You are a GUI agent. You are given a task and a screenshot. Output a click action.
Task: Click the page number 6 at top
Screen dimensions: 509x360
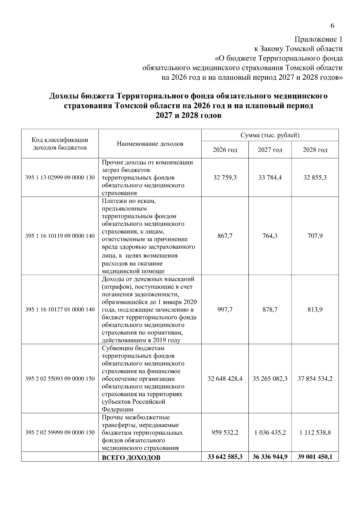pos(332,26)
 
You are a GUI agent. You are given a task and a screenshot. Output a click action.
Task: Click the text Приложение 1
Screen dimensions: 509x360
pos(318,39)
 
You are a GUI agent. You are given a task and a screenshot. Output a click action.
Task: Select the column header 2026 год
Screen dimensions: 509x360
pos(225,150)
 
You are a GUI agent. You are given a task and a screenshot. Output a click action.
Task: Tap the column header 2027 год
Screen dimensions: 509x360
pos(270,150)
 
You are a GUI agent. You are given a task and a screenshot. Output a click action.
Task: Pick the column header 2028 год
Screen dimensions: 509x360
pos(315,150)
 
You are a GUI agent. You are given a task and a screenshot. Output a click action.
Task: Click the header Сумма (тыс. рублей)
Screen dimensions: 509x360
pos(270,135)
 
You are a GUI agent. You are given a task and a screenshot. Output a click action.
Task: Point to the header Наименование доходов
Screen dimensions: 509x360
pos(150,144)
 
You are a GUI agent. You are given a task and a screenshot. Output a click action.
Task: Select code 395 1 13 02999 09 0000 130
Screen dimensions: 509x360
pos(60,177)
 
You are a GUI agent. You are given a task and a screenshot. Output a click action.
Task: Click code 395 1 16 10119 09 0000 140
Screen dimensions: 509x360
pos(60,236)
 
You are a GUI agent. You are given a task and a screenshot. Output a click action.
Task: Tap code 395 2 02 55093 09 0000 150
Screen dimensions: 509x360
pos(60,379)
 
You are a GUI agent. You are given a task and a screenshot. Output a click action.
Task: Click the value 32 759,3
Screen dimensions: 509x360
pos(225,177)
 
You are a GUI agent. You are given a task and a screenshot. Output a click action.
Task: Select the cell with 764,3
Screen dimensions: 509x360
pos(270,236)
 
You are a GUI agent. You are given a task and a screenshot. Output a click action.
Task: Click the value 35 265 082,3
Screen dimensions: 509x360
pos(270,379)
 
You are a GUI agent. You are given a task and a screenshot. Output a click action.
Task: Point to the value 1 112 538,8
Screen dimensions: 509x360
pos(315,433)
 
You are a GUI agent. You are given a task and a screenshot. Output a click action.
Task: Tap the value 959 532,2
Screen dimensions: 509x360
pos(225,433)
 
